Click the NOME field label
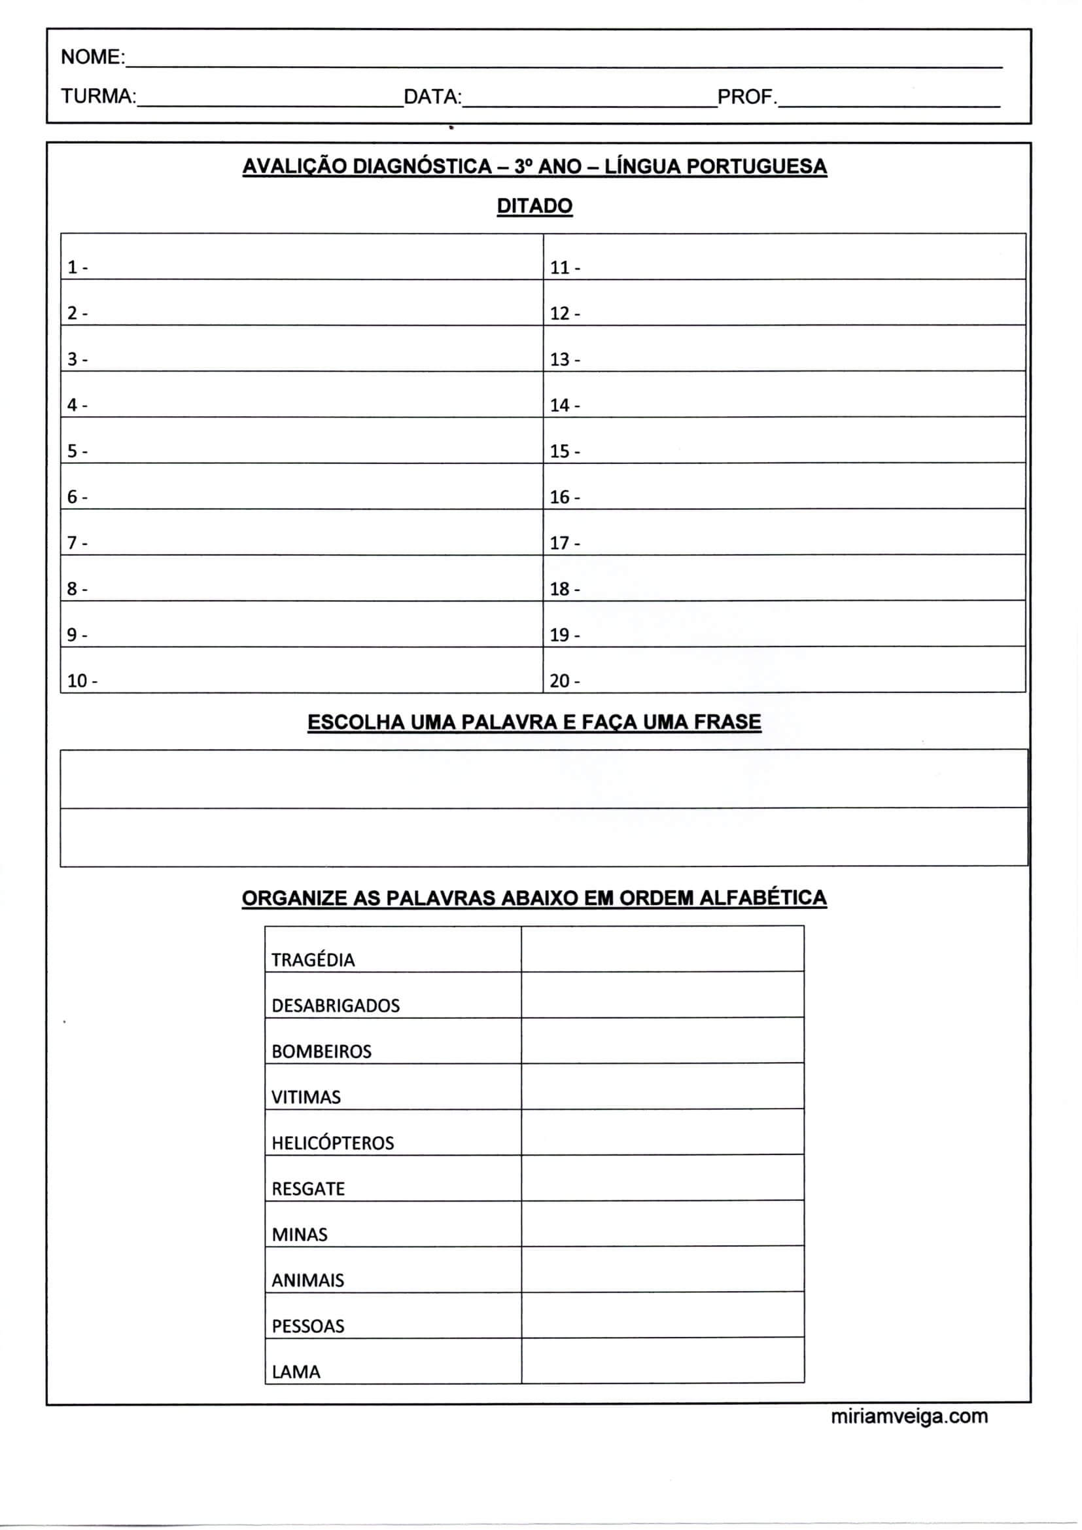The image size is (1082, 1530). pyautogui.click(x=92, y=58)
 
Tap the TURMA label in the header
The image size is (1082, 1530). pyautogui.click(x=98, y=97)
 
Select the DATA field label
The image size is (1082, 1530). pyautogui.click(x=432, y=97)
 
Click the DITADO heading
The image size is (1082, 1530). pyautogui.click(x=534, y=206)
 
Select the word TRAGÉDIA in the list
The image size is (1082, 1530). pyautogui.click(x=313, y=960)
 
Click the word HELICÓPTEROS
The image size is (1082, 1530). pyautogui.click(x=332, y=1143)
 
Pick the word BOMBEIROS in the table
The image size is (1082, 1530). pyautogui.click(x=321, y=1052)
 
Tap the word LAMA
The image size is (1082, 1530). pyautogui.click(x=296, y=1372)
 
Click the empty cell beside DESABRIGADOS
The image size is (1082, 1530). pyautogui.click(x=662, y=995)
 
